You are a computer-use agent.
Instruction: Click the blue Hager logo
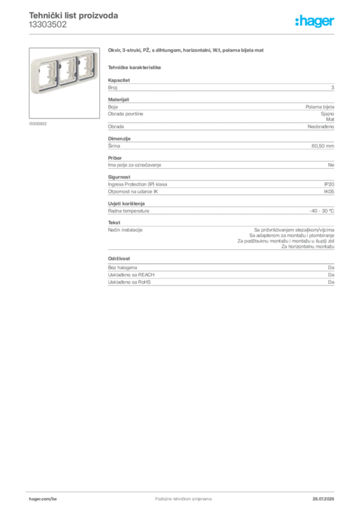316,22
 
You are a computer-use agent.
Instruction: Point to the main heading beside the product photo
187,51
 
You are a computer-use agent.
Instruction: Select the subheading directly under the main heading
135,67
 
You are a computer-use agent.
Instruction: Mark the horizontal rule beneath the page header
183,34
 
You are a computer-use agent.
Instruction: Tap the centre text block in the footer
177,496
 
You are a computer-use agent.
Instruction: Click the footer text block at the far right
326,496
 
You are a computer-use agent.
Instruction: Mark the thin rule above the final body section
221,248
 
